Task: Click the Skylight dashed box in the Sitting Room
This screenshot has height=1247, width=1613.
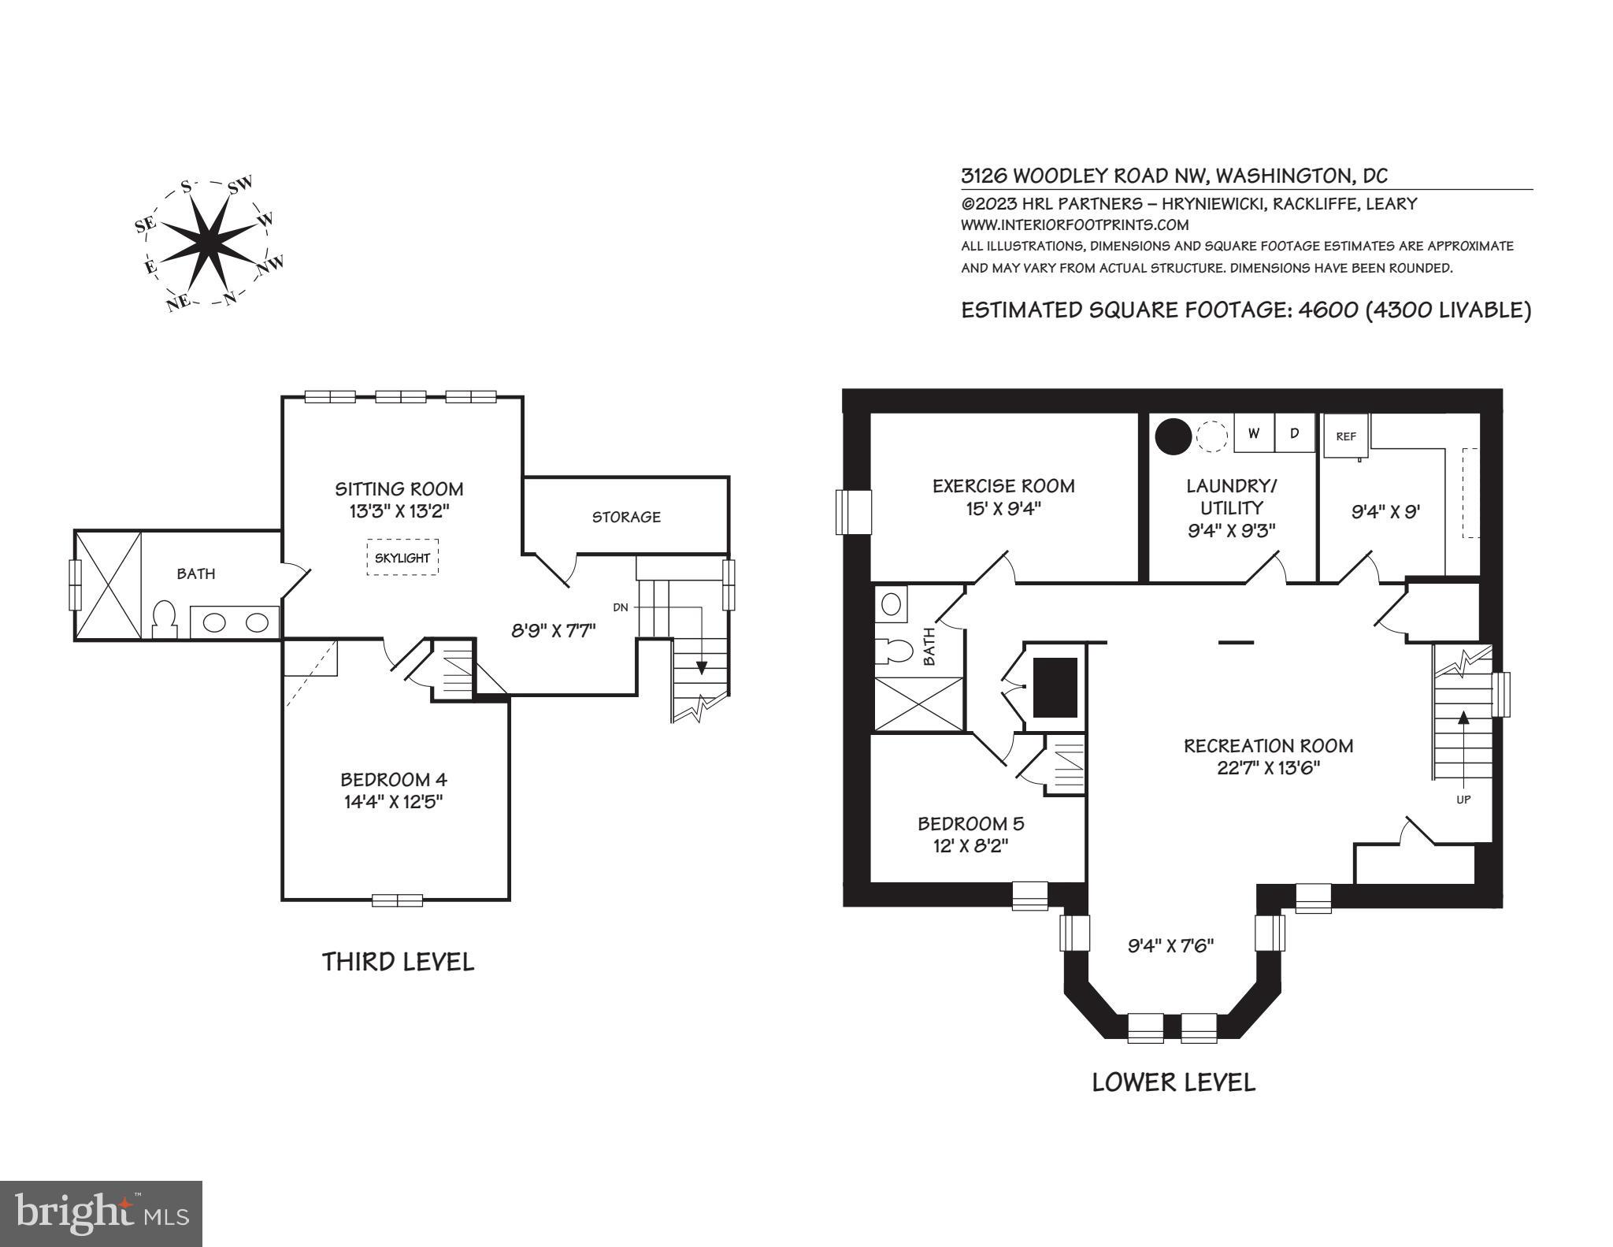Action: [402, 557]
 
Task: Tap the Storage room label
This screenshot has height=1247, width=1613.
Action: [626, 517]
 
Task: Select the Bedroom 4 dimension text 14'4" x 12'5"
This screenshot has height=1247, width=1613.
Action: [394, 802]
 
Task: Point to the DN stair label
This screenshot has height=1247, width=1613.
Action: [620, 607]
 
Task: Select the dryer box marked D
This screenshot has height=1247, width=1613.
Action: [1295, 433]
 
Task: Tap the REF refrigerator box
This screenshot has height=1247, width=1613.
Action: [1346, 436]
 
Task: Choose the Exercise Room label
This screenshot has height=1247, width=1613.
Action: [1003, 486]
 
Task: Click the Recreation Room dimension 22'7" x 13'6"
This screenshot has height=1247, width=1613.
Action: [1268, 767]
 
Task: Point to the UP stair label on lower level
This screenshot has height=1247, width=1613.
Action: [1463, 799]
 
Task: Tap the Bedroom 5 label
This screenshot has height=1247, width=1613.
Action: [971, 824]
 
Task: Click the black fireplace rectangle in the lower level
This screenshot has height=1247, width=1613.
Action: [1055, 687]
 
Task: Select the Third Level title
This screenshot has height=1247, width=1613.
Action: [398, 962]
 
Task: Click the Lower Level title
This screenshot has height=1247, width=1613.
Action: [1174, 1082]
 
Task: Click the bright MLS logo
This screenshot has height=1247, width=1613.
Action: [102, 1213]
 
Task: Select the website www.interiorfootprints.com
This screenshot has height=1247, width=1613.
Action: [1074, 225]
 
